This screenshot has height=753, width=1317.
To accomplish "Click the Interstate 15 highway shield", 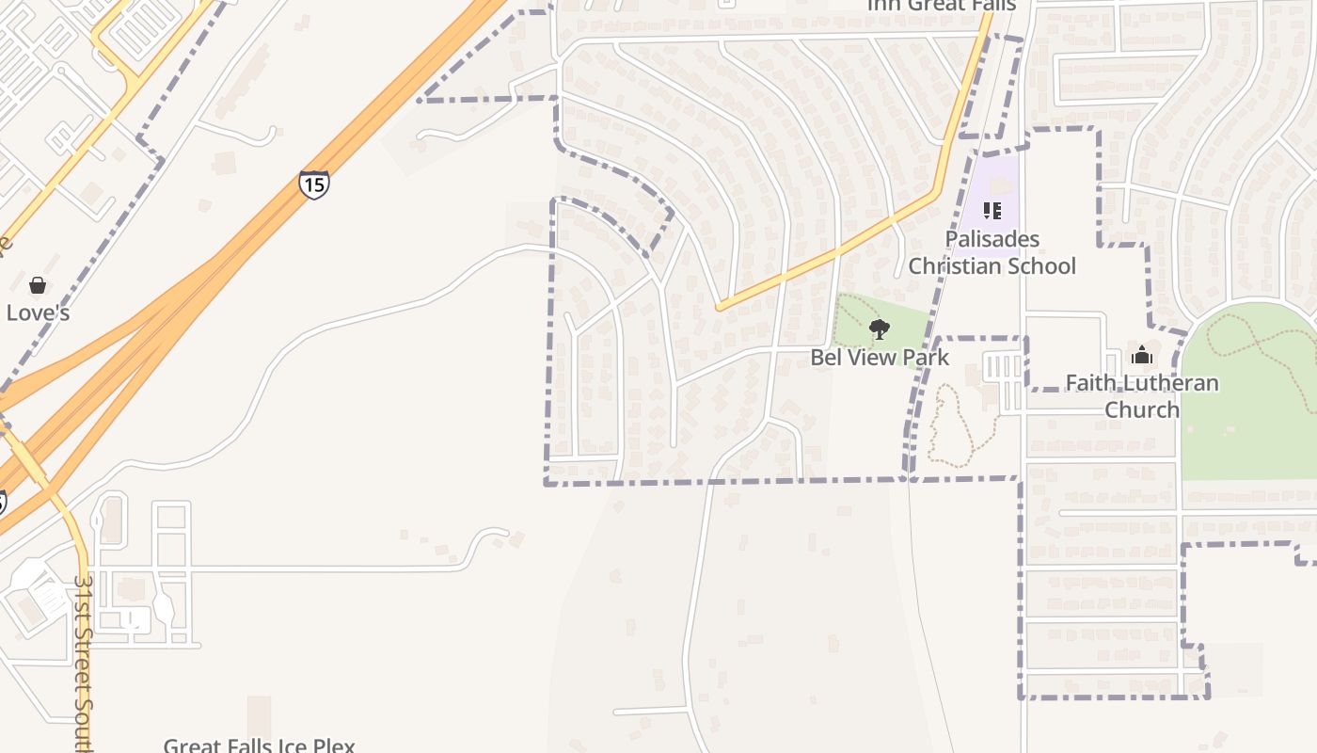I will pyautogui.click(x=314, y=184).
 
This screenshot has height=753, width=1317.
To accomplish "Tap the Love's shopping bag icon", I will pyautogui.click(x=38, y=284).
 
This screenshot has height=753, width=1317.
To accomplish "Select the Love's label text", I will pyautogui.click(x=38, y=312).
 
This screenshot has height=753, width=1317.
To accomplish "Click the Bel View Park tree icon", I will pyautogui.click(x=880, y=329).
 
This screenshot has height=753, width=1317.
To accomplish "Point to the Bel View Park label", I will pyautogui.click(x=880, y=358).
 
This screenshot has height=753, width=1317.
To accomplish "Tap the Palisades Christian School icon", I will pyautogui.click(x=992, y=211).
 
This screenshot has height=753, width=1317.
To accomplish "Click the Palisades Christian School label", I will pyautogui.click(x=992, y=252).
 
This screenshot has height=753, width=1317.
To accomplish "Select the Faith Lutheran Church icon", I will pyautogui.click(x=1142, y=355).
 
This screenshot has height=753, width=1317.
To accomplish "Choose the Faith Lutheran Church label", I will pyautogui.click(x=1142, y=396).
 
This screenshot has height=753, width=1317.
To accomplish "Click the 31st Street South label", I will pyautogui.click(x=84, y=659).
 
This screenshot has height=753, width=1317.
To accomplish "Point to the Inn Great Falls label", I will pyautogui.click(x=941, y=6).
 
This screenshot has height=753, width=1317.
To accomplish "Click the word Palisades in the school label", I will pyautogui.click(x=992, y=239).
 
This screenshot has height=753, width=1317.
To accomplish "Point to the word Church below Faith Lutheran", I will pyautogui.click(x=1142, y=409).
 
